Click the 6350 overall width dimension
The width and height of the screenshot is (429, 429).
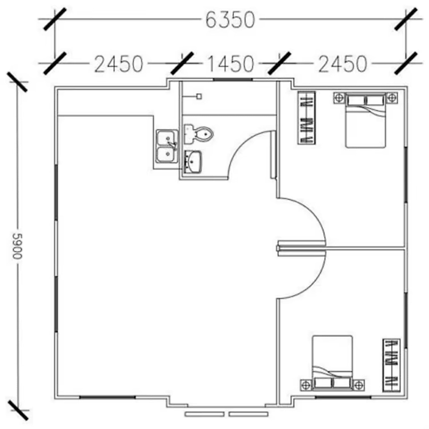coord(230,20)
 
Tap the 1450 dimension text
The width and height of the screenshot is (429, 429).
coord(231,64)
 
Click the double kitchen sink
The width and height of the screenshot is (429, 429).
coord(167,146)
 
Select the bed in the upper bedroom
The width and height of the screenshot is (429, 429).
coord(365,122)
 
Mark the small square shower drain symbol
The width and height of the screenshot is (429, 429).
coord(199,96)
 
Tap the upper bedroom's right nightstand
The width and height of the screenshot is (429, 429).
coord(392,97)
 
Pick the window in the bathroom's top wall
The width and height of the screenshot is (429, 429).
coord(233,79)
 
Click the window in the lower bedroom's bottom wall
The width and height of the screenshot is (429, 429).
coord(342,397)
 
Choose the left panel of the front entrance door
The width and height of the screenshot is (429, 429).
coord(205,414)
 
